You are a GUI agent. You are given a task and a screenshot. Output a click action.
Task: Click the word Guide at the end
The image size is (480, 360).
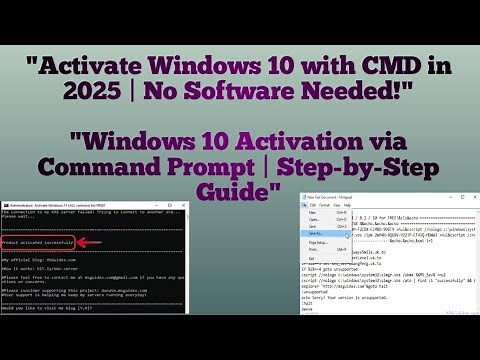coord(240,191)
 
